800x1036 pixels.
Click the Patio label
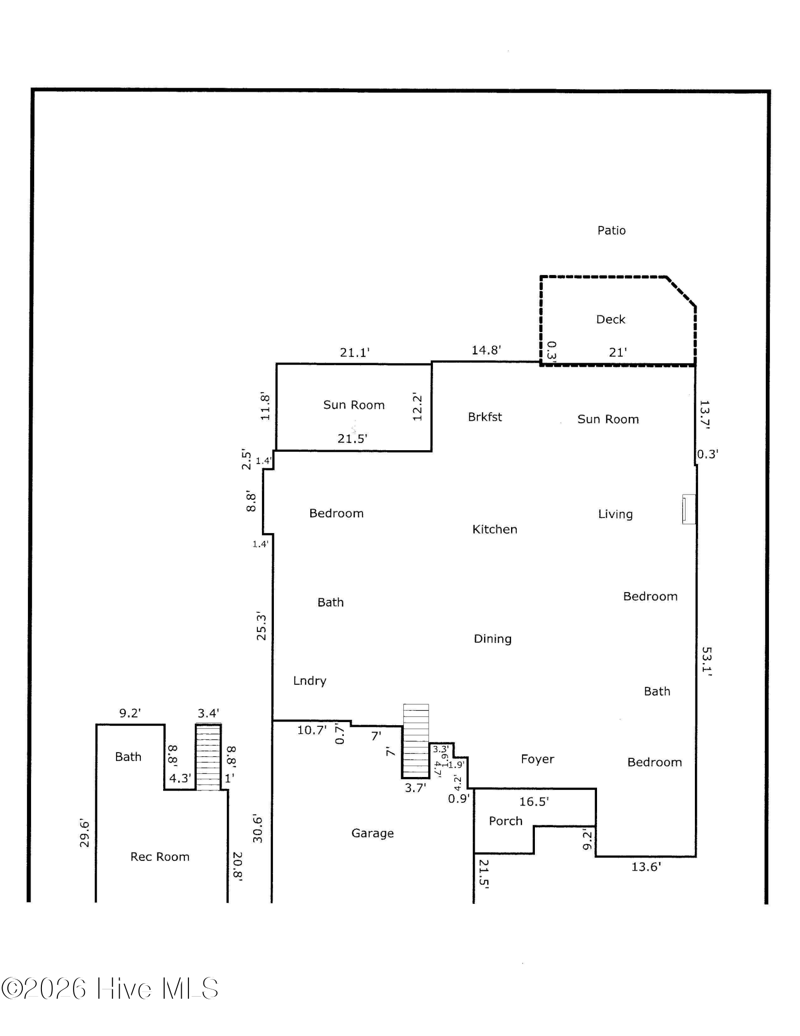611,231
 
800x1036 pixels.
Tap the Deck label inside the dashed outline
610,319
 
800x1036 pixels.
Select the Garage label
372,833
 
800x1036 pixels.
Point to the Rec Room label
159,857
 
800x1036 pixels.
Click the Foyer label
537,759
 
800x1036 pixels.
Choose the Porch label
505,821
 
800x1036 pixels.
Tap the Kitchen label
494,529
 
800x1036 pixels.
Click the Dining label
492,639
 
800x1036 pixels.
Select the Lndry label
310,681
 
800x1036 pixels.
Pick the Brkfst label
485,417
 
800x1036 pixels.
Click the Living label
615,514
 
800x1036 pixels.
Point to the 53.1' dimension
707,659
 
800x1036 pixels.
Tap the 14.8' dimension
486,350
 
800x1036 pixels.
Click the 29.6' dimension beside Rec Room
84,833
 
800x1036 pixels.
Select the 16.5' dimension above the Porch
534,802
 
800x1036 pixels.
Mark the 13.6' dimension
646,867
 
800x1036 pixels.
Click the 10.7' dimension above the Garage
312,730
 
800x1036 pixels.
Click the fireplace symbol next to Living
689,509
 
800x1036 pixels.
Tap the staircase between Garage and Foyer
416,741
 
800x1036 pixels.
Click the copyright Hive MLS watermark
110,988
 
